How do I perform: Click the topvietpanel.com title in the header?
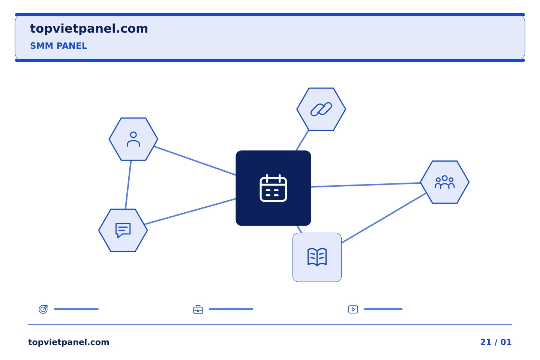click(89, 29)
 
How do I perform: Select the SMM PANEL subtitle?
click(58, 46)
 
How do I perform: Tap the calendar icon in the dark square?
click(273, 188)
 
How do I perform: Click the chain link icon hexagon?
click(321, 109)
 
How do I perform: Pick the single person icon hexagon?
click(133, 139)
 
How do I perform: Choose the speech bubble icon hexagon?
click(123, 230)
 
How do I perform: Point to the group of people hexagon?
click(444, 182)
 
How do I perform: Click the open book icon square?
click(317, 257)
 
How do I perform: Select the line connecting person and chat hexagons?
click(128, 185)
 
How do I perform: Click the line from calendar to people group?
click(366, 185)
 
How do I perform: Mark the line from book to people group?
click(384, 218)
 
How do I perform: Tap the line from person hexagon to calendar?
click(195, 160)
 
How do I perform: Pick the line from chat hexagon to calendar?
click(190, 211)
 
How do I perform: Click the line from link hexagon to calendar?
click(302, 140)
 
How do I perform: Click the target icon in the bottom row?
click(43, 309)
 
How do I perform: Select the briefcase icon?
click(198, 309)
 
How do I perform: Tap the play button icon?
click(353, 309)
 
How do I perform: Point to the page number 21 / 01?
click(496, 342)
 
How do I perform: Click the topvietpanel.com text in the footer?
click(69, 342)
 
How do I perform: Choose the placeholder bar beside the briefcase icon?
click(231, 309)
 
